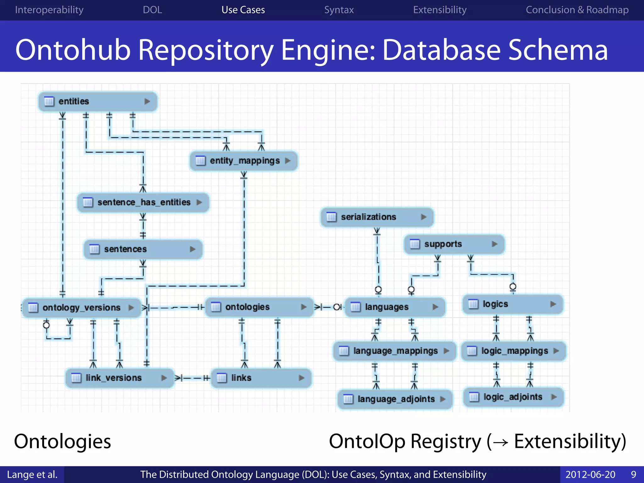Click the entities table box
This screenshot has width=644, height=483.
coord(97,101)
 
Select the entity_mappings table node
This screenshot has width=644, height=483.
coord(244,161)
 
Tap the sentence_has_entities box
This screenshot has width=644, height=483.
coord(143,202)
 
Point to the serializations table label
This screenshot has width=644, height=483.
coord(368,217)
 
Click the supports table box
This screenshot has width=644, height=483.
coord(454,244)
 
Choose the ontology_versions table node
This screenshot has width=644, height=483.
coord(81,308)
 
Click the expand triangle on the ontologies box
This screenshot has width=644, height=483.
coord(303,307)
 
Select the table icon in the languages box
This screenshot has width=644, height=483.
coord(355,307)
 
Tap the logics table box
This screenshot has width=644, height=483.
coord(513,304)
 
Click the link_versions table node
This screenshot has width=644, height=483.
coord(119,378)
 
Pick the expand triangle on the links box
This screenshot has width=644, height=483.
coord(302,378)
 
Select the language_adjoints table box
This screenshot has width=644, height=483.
coord(395,399)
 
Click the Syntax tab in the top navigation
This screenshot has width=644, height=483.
coord(339,10)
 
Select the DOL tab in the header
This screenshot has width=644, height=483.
coord(152,10)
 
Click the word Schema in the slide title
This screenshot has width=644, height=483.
coord(558,50)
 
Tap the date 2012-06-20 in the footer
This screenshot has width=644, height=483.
coord(590,475)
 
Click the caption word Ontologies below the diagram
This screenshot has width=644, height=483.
coord(62,441)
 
